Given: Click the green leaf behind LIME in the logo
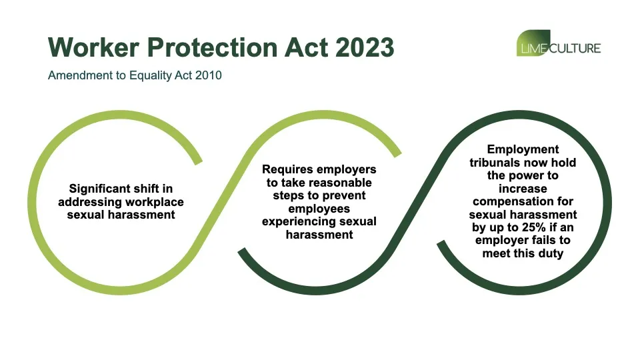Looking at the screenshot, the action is (x=533, y=43).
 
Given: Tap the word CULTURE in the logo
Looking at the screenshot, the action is (x=575, y=49).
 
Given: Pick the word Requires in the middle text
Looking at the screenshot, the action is (x=288, y=169).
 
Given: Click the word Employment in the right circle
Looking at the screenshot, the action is (x=523, y=149).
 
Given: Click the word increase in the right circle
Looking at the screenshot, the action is (x=523, y=189).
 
